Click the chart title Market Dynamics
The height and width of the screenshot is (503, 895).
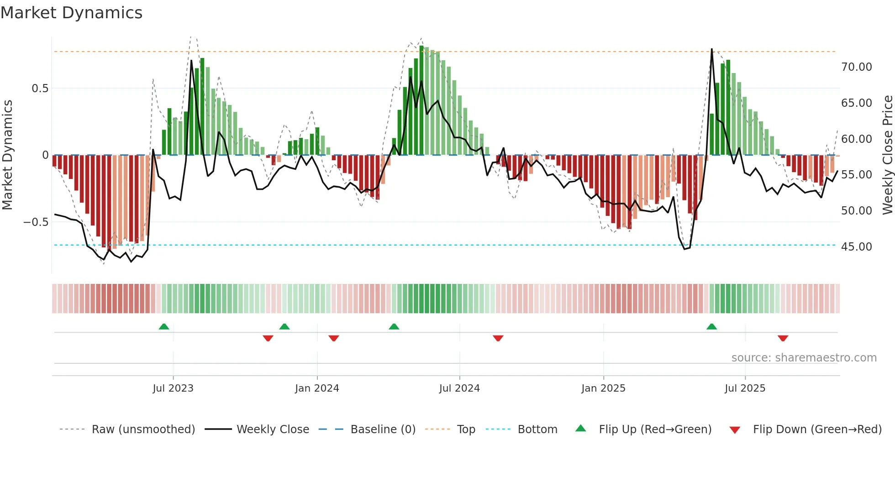click(71, 13)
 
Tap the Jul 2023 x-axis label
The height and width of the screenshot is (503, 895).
click(173, 388)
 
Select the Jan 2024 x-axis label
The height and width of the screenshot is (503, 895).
click(317, 388)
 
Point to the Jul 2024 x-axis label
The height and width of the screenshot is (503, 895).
click(459, 388)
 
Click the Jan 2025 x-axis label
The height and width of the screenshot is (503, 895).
click(603, 388)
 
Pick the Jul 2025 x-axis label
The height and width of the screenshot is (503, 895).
click(745, 388)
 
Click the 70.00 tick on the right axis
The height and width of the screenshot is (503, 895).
click(856, 67)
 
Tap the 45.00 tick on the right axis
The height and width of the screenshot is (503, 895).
click(856, 247)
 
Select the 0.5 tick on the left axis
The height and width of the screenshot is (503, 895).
click(40, 89)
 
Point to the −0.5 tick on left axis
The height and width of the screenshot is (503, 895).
click(36, 222)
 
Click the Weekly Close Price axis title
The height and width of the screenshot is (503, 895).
click(887, 155)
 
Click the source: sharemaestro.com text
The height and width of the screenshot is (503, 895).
click(804, 358)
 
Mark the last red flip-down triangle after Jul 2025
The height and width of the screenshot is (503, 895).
click(783, 338)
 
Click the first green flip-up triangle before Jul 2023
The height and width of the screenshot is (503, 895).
click(164, 326)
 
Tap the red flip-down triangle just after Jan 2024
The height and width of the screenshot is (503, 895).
click(334, 338)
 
